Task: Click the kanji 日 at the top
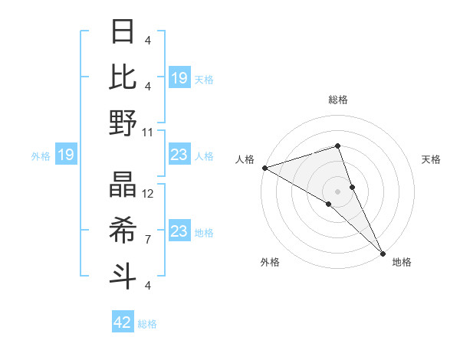click(123, 31)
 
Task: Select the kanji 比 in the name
click(123, 77)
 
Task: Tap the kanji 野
click(123, 123)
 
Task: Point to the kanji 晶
click(123, 185)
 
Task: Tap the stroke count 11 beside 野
click(148, 132)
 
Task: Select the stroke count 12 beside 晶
click(148, 194)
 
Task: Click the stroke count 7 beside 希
click(148, 240)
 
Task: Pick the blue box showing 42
click(123, 322)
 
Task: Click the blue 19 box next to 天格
click(179, 77)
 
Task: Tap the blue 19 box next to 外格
click(65, 155)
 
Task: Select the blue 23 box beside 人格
click(179, 155)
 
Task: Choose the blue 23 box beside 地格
click(179, 231)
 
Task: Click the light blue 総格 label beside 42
click(147, 324)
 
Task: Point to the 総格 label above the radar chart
click(337, 100)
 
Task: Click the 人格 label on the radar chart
click(245, 159)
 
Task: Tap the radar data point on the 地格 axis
click(382, 251)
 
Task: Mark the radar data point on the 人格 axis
click(264, 167)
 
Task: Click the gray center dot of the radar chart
click(337, 191)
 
